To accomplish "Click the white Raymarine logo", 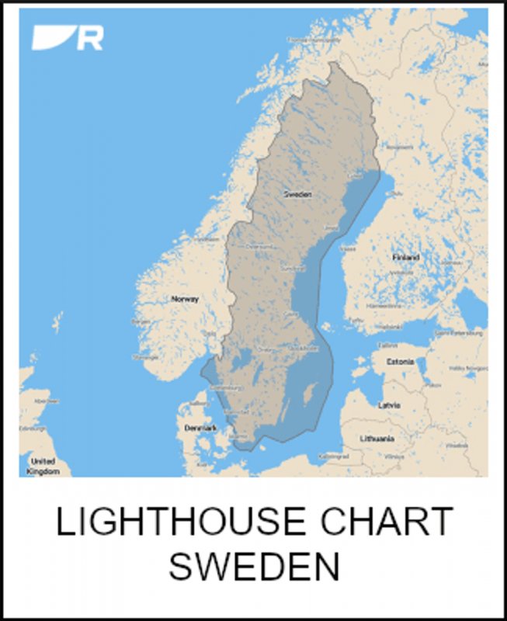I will (68, 37).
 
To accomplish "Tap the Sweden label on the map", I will (297, 194).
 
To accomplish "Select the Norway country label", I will (185, 299).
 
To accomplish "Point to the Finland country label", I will (405, 257).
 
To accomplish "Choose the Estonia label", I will (399, 361).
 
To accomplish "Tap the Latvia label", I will (388, 405).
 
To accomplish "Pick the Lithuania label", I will (377, 439).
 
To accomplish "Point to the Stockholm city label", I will (300, 349).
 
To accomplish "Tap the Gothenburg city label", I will (225, 387).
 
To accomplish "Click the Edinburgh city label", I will (32, 428).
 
